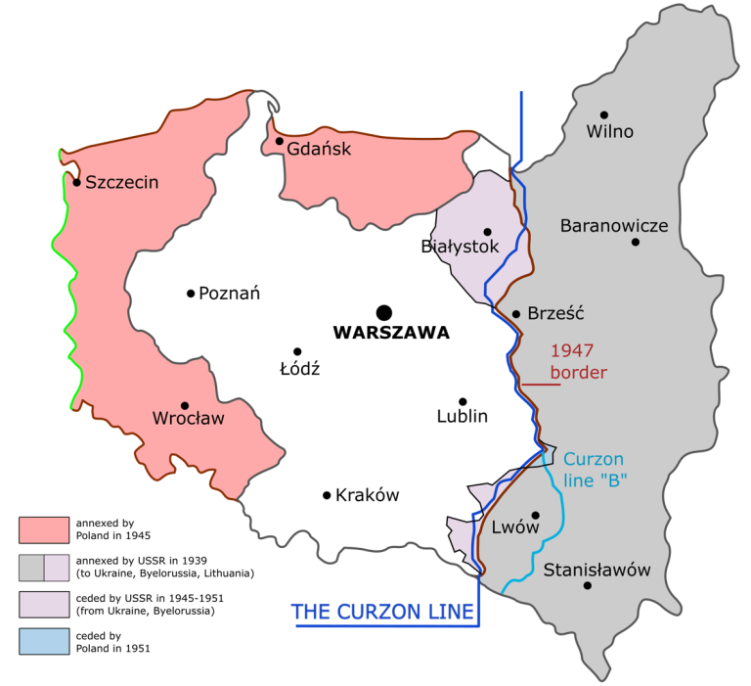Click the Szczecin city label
point(122,182)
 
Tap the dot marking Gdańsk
point(280,142)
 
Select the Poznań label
point(229,294)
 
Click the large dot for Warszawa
point(384,312)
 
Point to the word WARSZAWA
point(391,333)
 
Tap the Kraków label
point(368,495)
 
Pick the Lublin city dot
point(463,401)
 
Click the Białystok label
point(460,247)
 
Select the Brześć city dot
point(516,314)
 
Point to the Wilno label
point(609,132)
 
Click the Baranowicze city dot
point(636,242)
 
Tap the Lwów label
point(516,527)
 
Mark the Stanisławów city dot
point(588,586)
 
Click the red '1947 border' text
point(579,361)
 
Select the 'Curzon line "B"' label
point(595,470)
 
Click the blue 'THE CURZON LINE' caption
point(382,613)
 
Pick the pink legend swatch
point(44,529)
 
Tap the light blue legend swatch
point(44,641)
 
